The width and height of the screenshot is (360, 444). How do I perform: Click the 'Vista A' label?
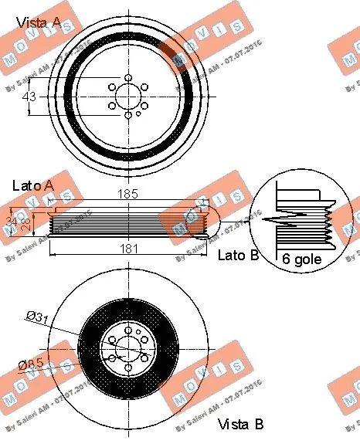tap(38, 23)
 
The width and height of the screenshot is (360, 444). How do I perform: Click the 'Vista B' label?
tap(241, 424)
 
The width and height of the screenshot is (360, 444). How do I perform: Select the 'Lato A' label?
tap(33, 185)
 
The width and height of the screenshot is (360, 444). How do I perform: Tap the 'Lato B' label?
tap(239, 255)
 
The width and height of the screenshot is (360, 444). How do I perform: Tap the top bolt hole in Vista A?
tap(127, 76)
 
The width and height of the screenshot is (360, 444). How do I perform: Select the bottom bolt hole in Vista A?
tap(127, 114)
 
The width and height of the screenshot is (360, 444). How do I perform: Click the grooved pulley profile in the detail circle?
tap(301, 221)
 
